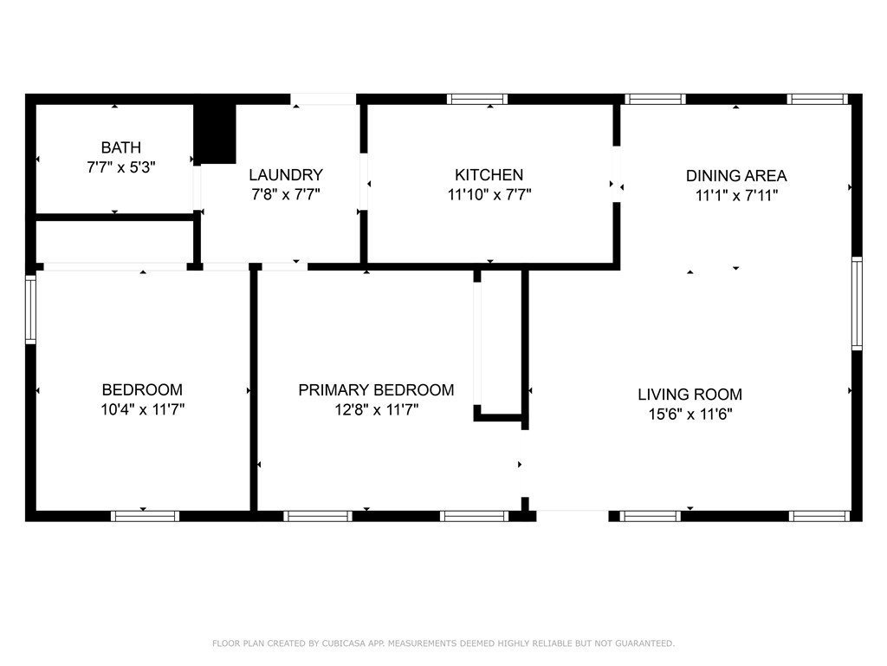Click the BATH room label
(121, 147)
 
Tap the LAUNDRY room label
(286, 174)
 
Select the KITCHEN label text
(489, 174)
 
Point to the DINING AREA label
(736, 175)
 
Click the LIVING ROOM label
(690, 395)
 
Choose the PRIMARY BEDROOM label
(376, 389)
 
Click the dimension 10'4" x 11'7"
(143, 409)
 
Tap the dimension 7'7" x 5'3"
(121, 167)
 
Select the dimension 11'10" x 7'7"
(489, 195)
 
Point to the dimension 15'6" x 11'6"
(690, 414)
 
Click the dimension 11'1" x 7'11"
(736, 195)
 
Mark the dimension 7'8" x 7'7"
(286, 195)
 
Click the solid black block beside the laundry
(215, 134)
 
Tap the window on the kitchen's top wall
(477, 99)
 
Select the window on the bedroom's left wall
(30, 310)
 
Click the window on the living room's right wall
(857, 304)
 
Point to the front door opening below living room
(573, 516)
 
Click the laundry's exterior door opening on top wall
(323, 99)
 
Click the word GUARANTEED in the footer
(644, 643)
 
